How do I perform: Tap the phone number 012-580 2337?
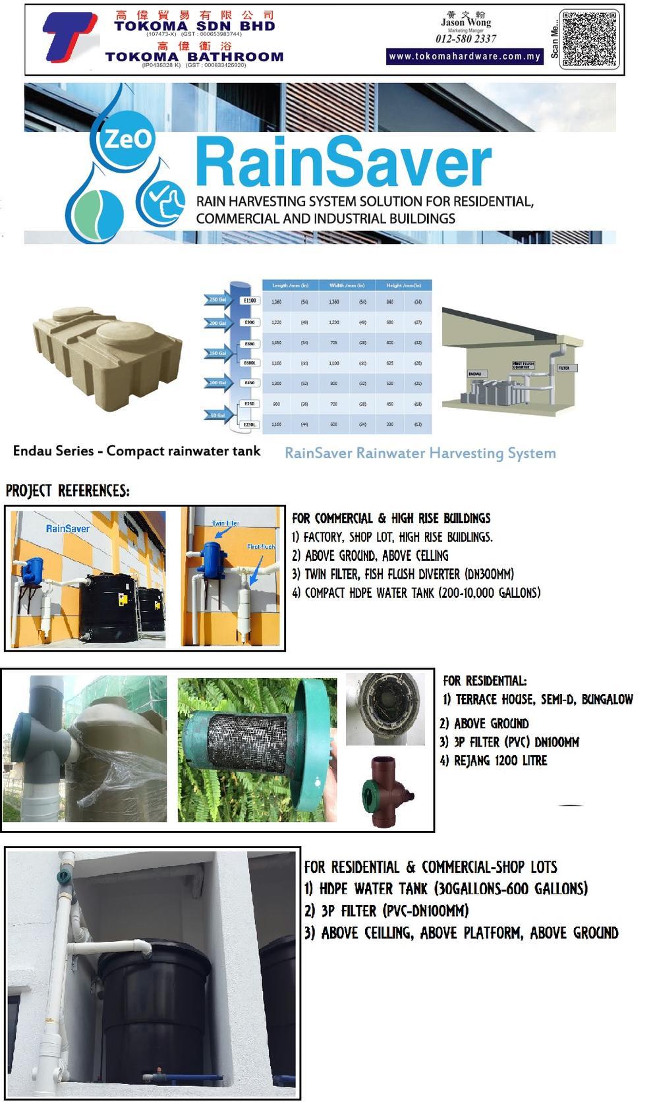pos(465,39)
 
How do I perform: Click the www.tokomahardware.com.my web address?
pos(465,57)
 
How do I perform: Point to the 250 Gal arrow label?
pos(218,300)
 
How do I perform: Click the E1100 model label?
pos(250,301)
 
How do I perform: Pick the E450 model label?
pos(250,383)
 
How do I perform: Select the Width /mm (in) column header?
pos(347,285)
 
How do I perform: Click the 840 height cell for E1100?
pos(390,302)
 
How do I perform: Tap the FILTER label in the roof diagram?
pos(564,368)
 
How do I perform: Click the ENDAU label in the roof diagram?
pos(474,374)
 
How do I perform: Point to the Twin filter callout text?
pos(225,523)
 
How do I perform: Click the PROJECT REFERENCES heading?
pos(68,491)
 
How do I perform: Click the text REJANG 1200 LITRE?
pos(494,760)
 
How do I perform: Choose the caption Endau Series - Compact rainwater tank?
pos(136,451)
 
